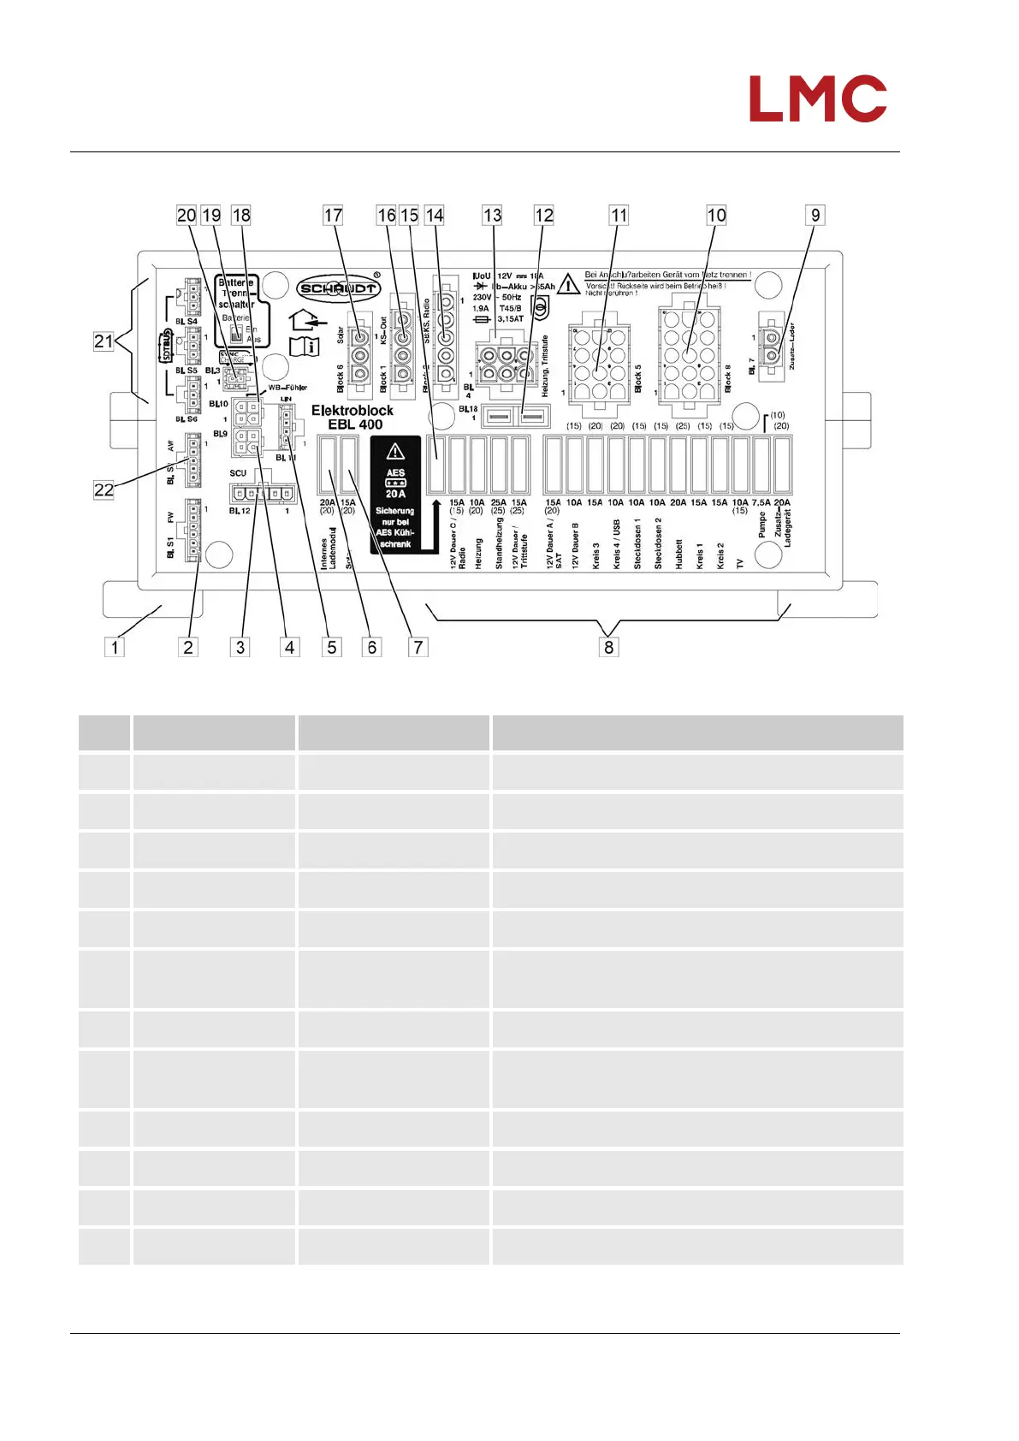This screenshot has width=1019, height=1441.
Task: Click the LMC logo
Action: [817, 98]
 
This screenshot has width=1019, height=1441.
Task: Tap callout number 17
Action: [333, 216]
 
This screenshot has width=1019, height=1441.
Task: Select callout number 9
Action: [815, 216]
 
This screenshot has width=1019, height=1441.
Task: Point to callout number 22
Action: [104, 489]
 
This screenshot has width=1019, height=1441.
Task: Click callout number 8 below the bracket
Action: [608, 647]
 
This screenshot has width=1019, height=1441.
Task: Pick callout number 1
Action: [115, 647]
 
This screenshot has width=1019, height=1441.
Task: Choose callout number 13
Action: [492, 216]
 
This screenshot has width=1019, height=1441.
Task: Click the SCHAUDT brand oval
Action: [338, 288]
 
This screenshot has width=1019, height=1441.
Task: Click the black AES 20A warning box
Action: [395, 495]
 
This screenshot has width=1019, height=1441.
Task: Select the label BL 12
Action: [240, 511]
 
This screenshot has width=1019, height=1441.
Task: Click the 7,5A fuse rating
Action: [761, 503]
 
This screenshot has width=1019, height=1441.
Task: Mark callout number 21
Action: [104, 341]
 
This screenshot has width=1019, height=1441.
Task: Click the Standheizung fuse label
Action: [499, 543]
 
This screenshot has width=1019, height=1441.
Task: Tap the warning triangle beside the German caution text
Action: [568, 283]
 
